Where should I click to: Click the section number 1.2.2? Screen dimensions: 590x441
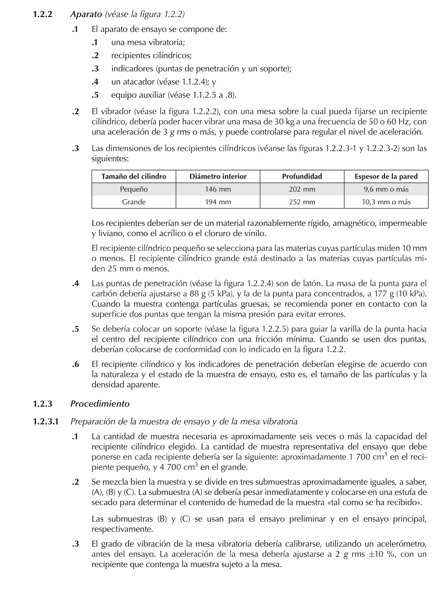click(43, 14)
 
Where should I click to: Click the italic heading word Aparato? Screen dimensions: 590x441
click(86, 14)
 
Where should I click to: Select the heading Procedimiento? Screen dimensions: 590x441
click(100, 404)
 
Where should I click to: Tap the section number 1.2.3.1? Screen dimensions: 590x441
click(46, 421)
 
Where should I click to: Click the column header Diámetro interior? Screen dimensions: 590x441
click(218, 176)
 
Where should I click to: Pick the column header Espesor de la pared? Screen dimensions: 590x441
click(386, 176)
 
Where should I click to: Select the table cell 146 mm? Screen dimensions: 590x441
click(218, 189)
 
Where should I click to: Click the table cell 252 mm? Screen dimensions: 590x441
click(302, 202)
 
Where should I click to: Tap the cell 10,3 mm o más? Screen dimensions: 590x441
click(386, 202)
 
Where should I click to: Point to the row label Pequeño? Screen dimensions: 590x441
click(134, 189)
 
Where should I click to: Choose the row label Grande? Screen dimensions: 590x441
click(134, 202)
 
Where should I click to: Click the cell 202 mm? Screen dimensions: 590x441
click(302, 189)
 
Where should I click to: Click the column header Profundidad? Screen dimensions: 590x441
click(302, 176)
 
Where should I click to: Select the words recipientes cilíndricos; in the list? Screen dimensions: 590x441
click(151, 55)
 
